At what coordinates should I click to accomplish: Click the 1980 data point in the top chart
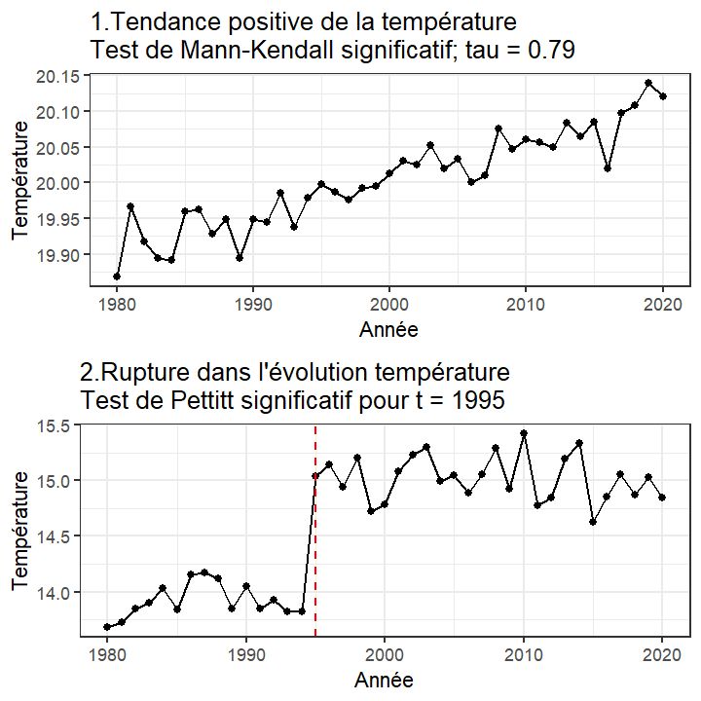click(117, 277)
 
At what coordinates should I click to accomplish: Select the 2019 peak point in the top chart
click(648, 84)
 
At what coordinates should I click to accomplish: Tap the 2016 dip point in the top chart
click(608, 168)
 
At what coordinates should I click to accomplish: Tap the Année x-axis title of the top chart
click(388, 329)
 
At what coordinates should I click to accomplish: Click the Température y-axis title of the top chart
click(20, 181)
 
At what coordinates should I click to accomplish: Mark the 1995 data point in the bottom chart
click(315, 476)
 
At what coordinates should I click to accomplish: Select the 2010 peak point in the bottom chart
click(524, 433)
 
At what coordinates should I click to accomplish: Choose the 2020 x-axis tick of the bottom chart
click(662, 655)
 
